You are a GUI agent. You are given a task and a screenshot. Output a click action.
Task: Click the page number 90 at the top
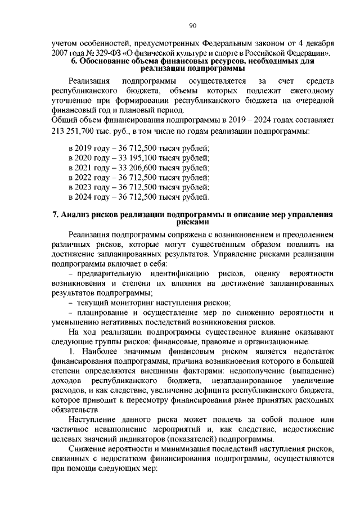(x=192, y=25)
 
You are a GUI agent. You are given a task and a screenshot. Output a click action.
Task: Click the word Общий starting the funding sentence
(x=63, y=120)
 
